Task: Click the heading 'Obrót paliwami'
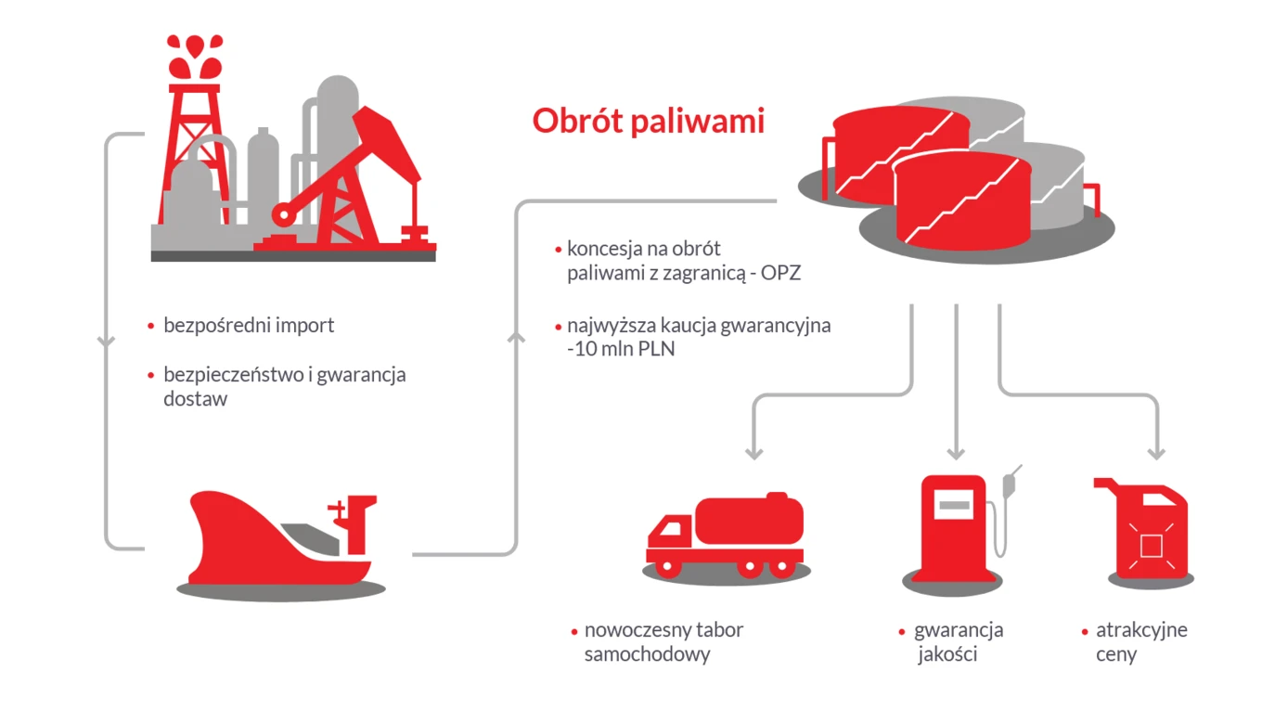point(648,122)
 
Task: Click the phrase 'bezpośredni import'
point(249,326)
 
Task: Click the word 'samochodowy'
point(647,654)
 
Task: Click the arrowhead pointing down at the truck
point(754,452)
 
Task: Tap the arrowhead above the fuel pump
point(956,452)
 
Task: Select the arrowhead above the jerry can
point(1155,452)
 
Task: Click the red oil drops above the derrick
point(194,56)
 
